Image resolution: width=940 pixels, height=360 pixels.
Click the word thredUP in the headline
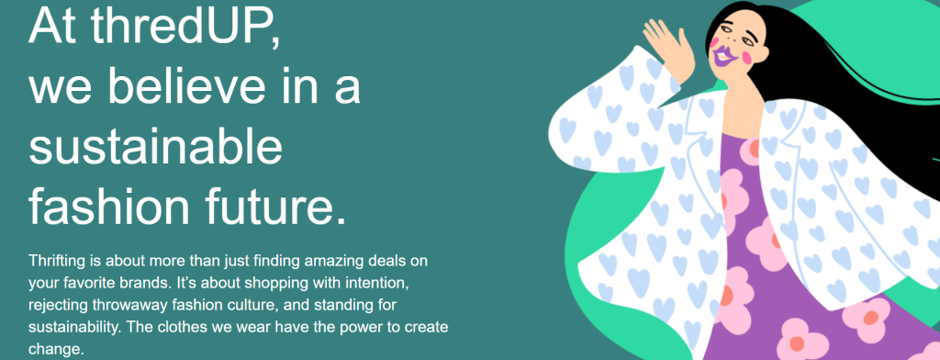tap(184, 27)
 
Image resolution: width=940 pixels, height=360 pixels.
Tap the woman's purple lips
tap(725, 57)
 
